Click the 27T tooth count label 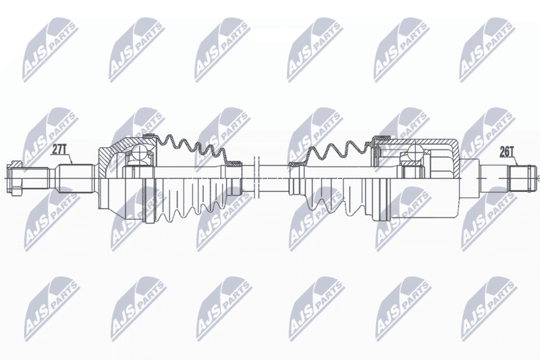click(59, 149)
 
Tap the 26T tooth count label click(507, 151)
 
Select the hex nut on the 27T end click(14, 178)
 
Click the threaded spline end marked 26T click(522, 178)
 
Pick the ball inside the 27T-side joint click(140, 151)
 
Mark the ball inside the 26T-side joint click(415, 151)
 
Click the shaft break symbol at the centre click(256, 178)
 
